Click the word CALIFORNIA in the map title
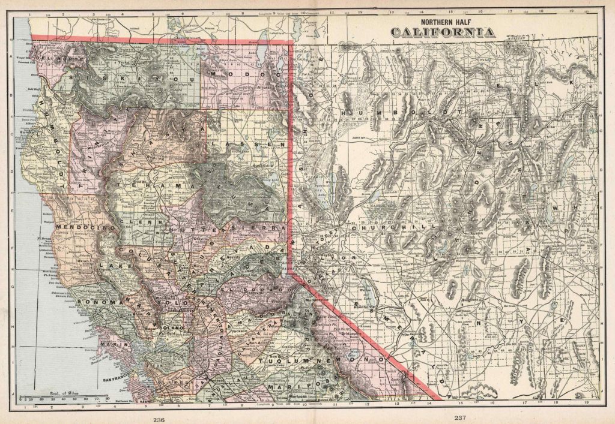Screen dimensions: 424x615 tap(443, 32)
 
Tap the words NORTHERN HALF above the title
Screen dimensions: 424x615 tap(443, 18)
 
